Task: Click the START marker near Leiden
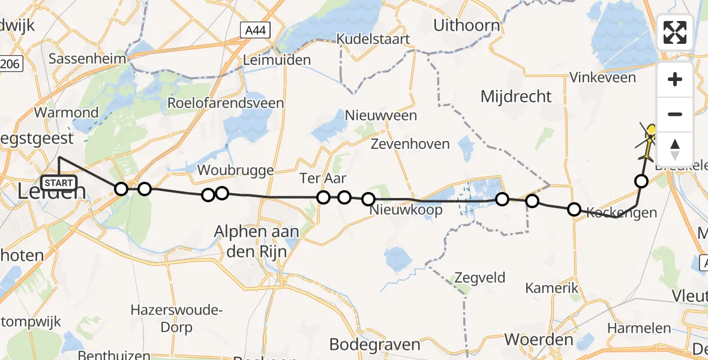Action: point(59,182)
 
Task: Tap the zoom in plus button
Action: point(675,79)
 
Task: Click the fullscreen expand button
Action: point(675,32)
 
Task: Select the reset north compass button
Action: point(675,148)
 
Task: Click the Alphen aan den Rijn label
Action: point(257,241)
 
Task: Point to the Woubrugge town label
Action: point(236,170)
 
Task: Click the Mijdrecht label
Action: point(516,96)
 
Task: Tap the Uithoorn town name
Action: point(466,25)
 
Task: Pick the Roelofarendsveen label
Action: point(225,103)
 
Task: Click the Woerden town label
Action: point(539,340)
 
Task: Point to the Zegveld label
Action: point(480,278)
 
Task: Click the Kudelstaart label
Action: point(373,39)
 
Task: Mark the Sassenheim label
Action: point(88,59)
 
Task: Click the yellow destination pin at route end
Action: point(652,131)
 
